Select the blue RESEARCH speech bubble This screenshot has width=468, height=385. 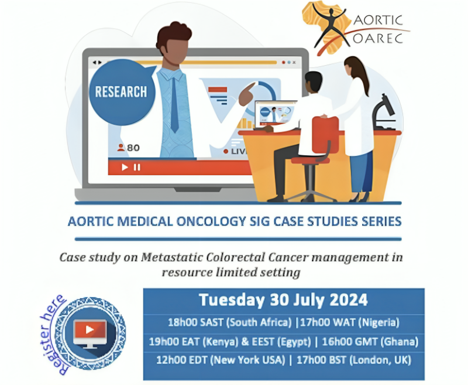121,92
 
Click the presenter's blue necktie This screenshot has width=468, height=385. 174,103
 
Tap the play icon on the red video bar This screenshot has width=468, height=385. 125,167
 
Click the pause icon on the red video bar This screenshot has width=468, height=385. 137,167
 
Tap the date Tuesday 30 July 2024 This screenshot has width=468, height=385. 283,300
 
